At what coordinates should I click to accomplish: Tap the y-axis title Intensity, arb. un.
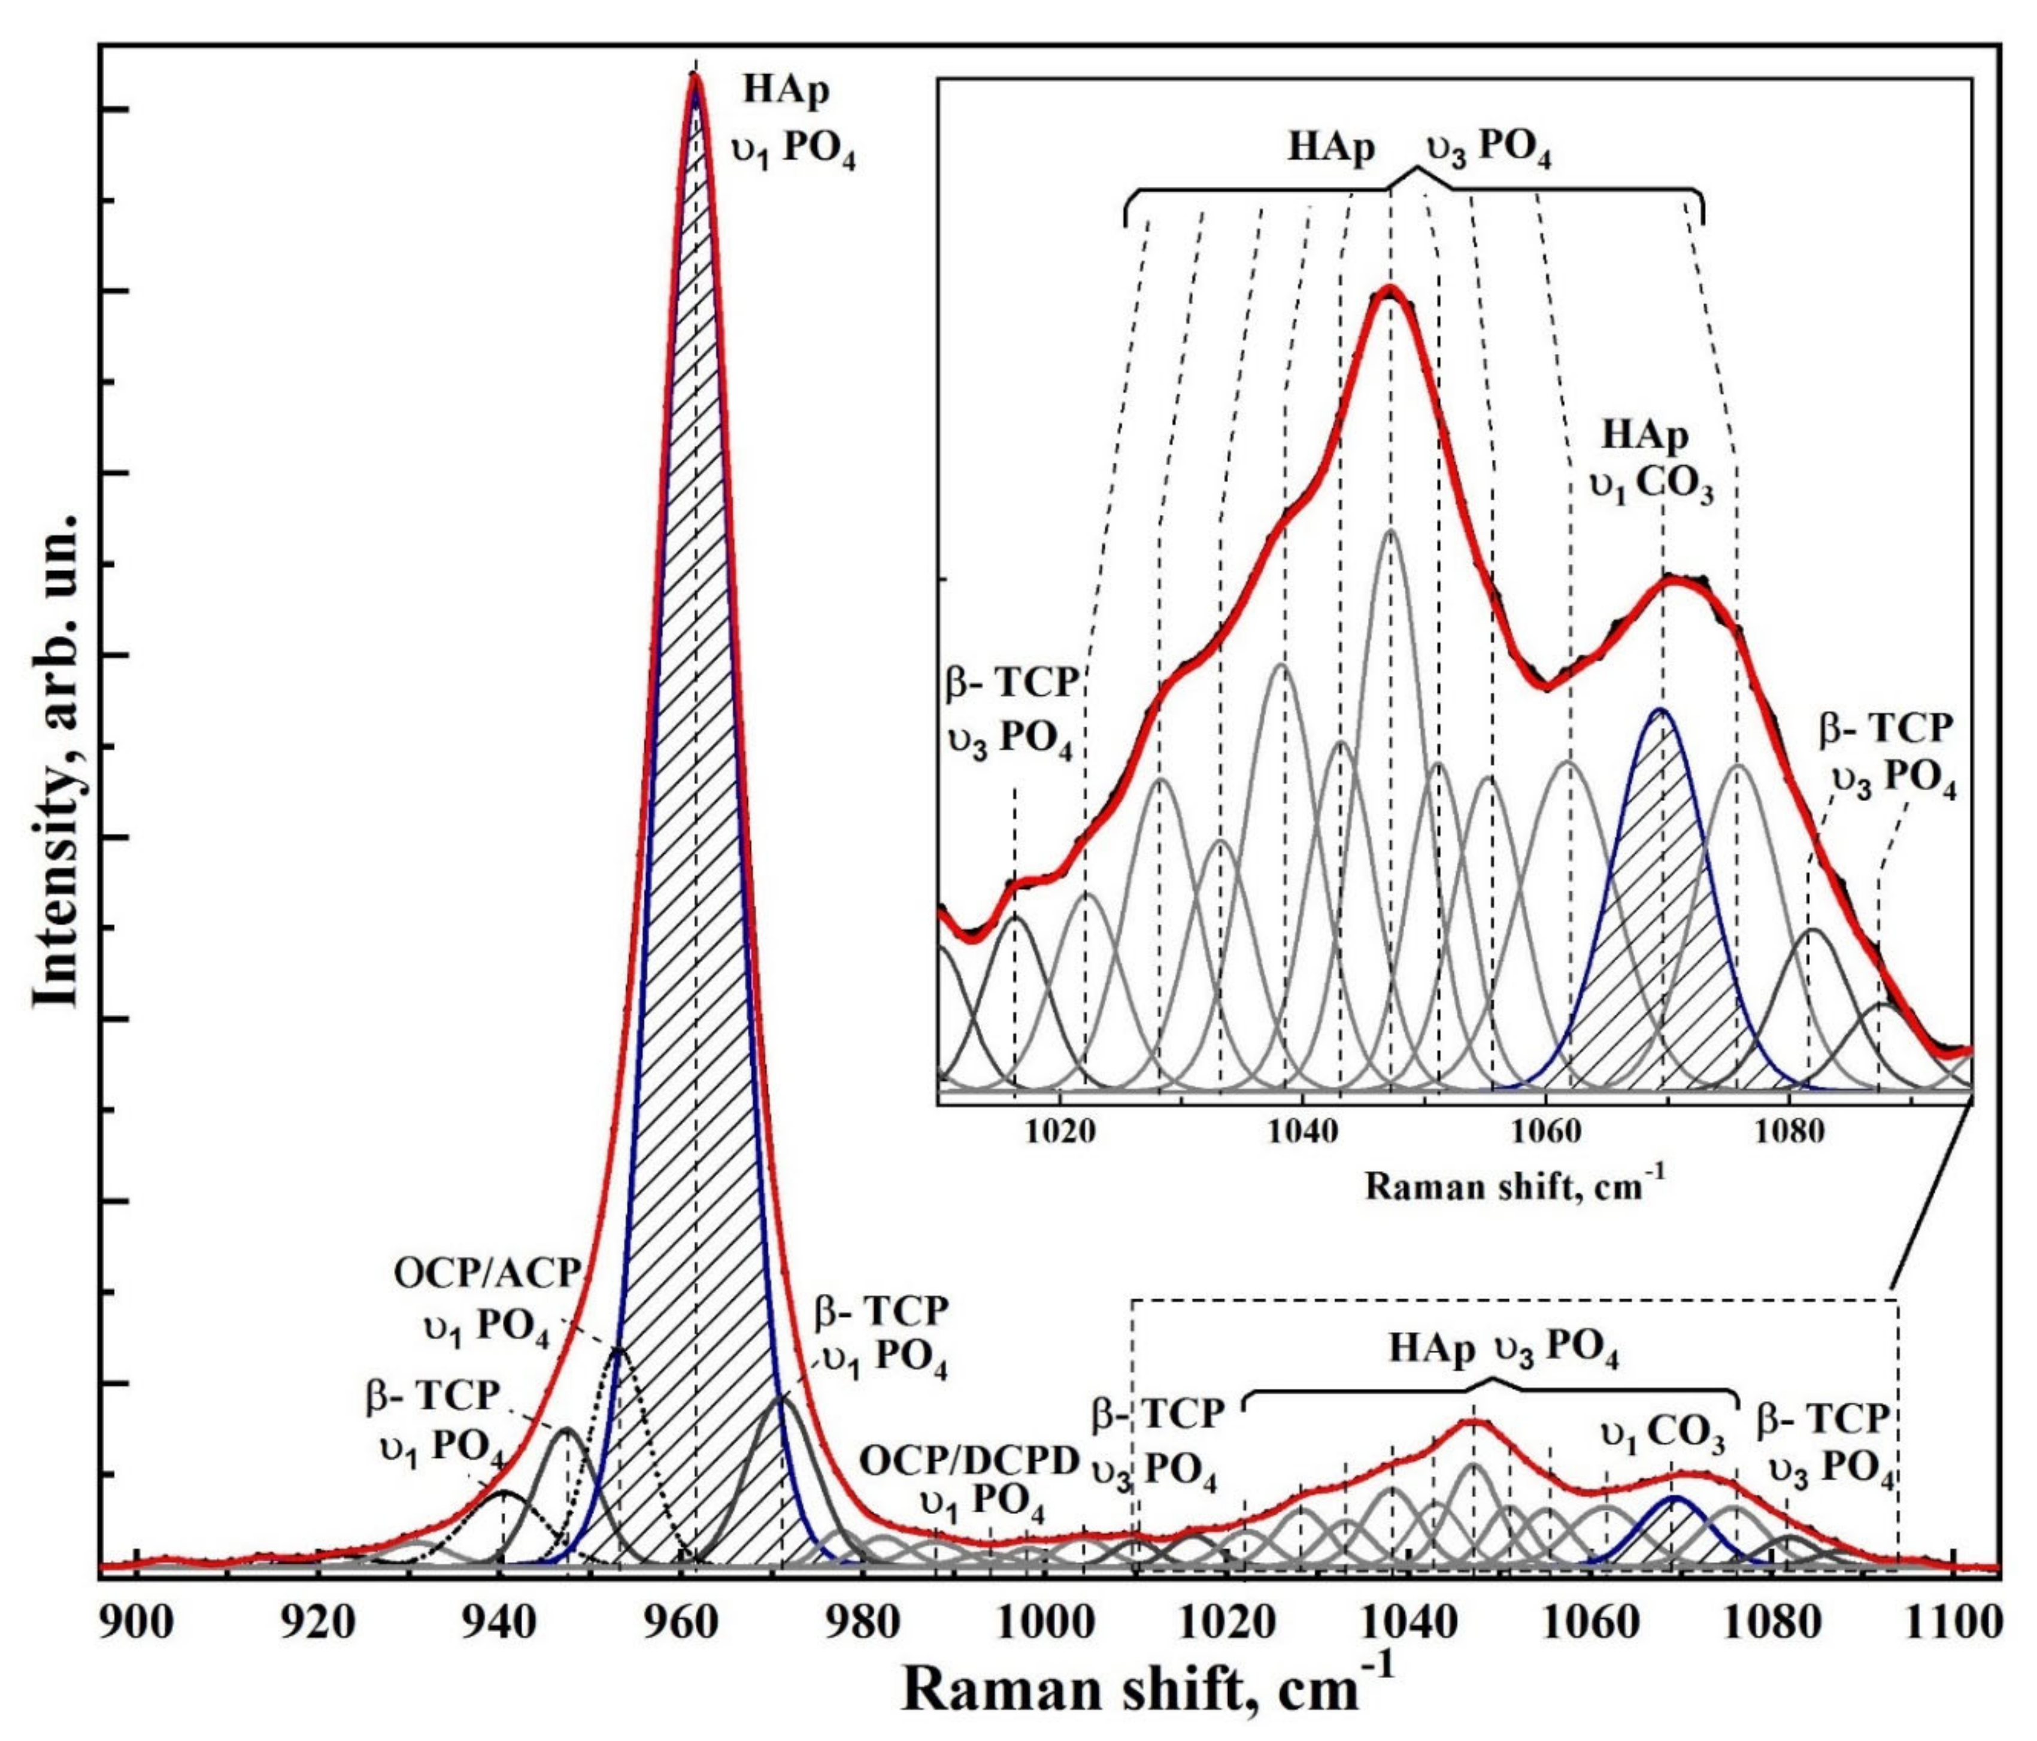coord(56,757)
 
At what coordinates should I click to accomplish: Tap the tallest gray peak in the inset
coord(1390,531)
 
